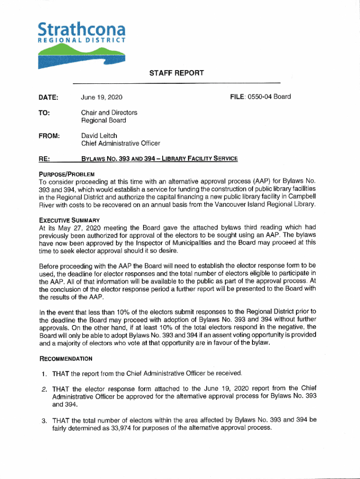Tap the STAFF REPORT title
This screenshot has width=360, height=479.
(x=176, y=73)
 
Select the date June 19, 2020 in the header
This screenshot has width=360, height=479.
(x=101, y=97)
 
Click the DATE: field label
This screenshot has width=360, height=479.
(x=49, y=97)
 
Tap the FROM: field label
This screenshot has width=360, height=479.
(x=50, y=136)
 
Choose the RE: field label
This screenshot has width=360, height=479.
(x=44, y=159)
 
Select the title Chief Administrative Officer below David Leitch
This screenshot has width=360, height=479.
(x=121, y=143)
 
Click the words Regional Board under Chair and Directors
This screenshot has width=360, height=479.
(x=103, y=120)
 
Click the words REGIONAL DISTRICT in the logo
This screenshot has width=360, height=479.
(x=81, y=41)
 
